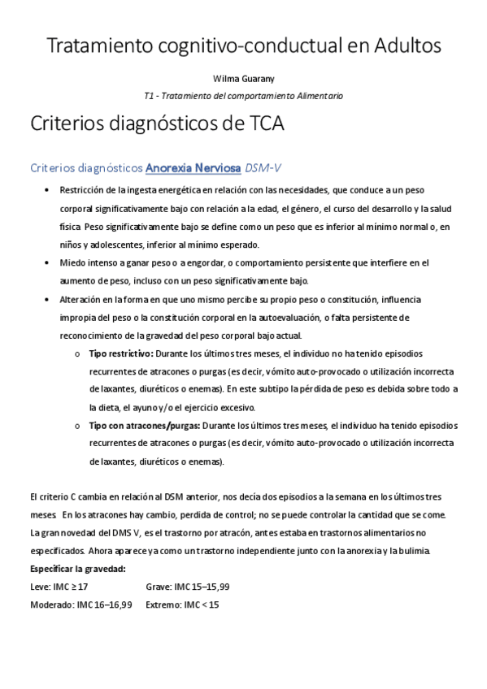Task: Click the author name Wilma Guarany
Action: (x=243, y=80)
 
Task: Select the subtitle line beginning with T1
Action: (x=243, y=96)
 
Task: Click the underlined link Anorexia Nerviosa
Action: (x=193, y=168)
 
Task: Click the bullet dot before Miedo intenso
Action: (x=44, y=263)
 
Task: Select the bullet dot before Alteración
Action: (x=44, y=300)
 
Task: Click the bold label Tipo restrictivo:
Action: (x=120, y=353)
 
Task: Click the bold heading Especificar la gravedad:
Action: (x=77, y=569)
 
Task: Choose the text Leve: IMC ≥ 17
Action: (x=59, y=587)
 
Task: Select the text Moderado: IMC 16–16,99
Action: (x=80, y=604)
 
